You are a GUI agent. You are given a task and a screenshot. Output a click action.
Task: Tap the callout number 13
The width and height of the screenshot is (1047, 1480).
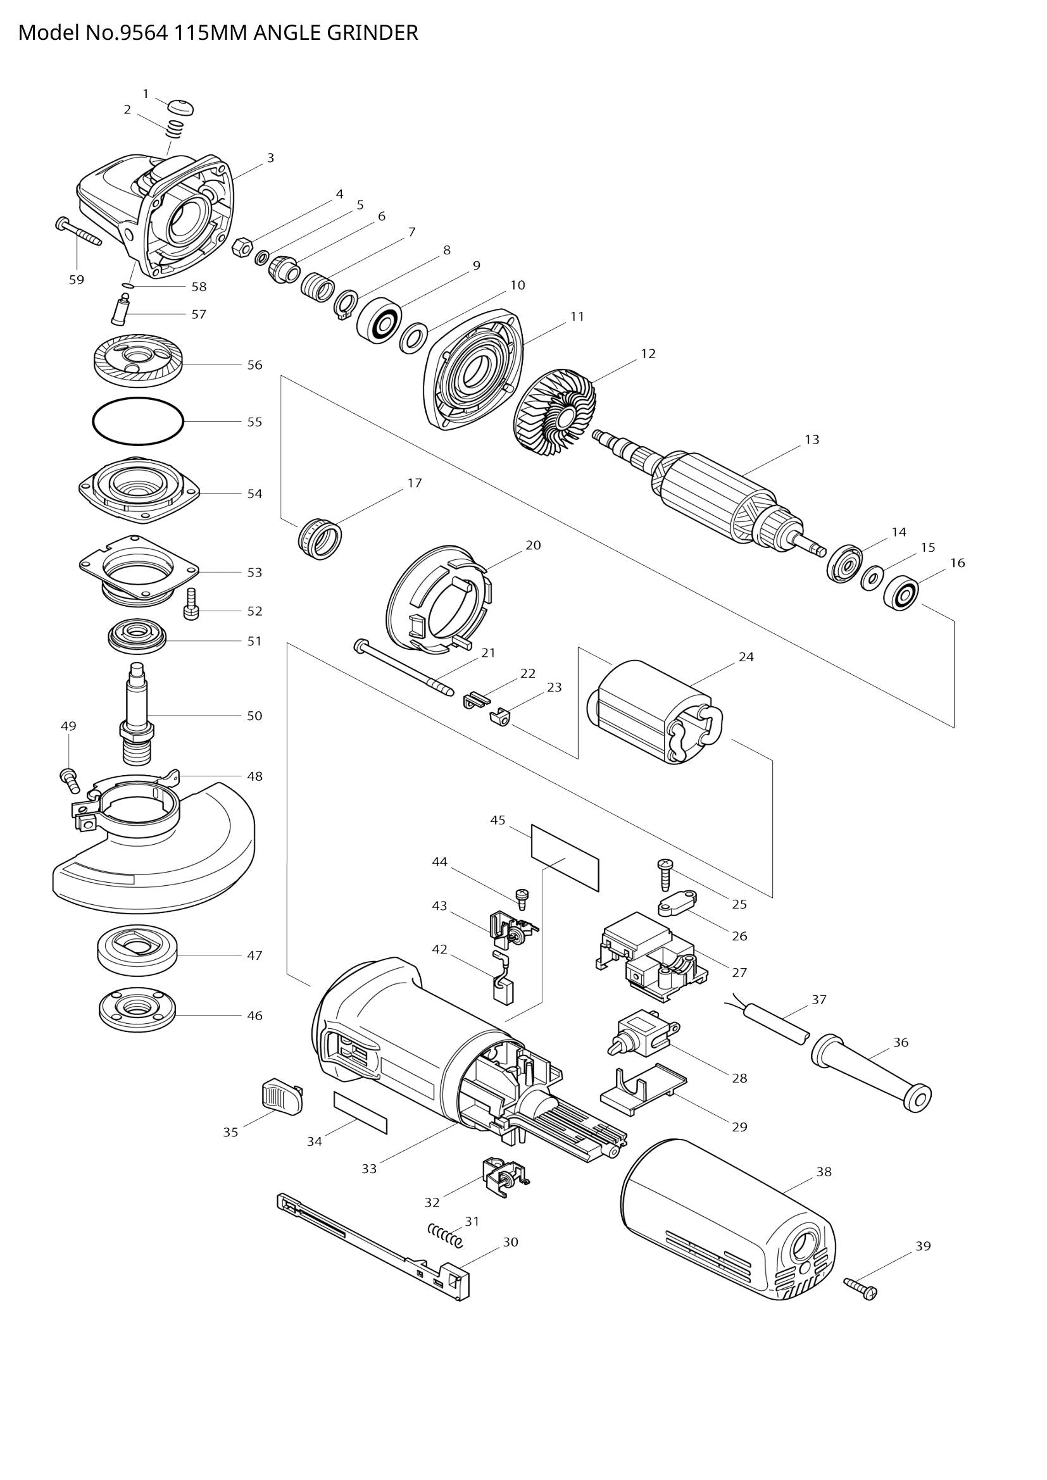click(x=812, y=439)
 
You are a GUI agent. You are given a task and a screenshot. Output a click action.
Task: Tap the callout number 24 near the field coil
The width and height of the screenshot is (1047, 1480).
click(x=746, y=657)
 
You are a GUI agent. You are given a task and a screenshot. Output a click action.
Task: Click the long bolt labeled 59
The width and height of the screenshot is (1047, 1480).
click(x=79, y=233)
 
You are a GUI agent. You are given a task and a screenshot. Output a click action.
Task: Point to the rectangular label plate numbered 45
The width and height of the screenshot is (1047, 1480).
click(x=565, y=857)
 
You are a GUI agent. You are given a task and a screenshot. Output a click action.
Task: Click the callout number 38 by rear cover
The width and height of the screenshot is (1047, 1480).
click(x=824, y=1172)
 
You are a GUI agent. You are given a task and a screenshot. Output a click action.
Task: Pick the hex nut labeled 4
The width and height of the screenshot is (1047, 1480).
click(x=241, y=246)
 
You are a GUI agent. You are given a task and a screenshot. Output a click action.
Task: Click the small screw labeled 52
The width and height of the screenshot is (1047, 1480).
click(x=191, y=606)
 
